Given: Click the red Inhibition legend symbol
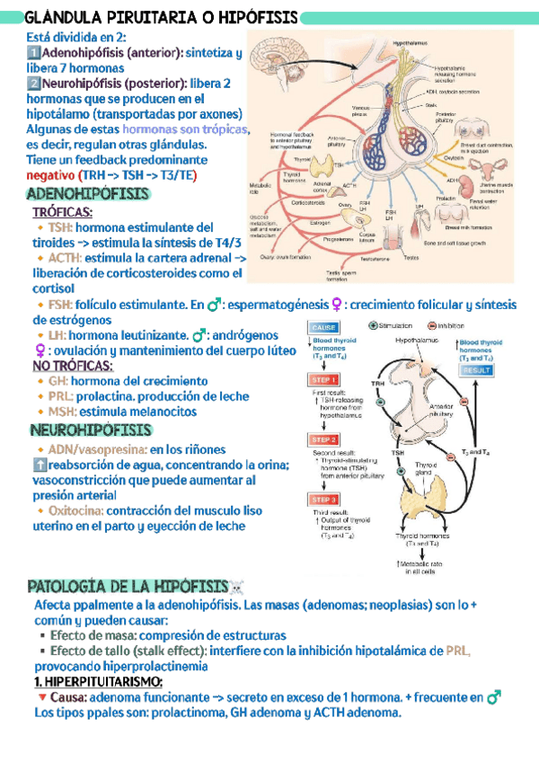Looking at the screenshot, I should click(x=431, y=326).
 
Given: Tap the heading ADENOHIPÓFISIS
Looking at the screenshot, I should click(x=89, y=194).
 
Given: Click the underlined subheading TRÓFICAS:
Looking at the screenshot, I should click(x=62, y=212).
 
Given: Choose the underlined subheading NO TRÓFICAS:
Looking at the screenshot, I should click(x=73, y=366).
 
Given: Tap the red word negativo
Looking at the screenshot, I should click(x=50, y=174).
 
